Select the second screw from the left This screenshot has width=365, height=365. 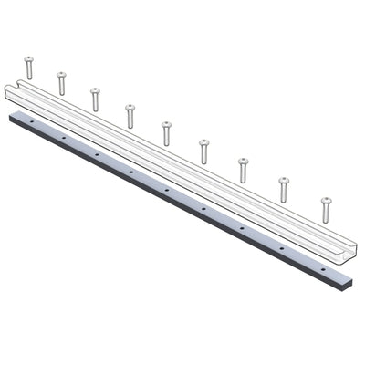(x=61, y=83)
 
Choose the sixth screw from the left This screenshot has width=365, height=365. (x=203, y=151)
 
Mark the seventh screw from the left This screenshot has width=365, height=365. (x=243, y=170)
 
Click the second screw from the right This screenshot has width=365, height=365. (x=284, y=189)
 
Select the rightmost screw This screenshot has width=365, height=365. (x=326, y=209)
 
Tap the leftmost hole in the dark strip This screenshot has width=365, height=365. (x=31, y=120)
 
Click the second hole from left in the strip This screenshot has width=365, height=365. (x=63, y=137)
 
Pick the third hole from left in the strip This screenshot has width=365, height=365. (x=97, y=154)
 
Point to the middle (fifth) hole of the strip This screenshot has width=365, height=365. (x=167, y=190)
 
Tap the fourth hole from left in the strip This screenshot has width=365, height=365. (x=130, y=172)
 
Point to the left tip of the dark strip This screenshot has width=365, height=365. (x=10, y=115)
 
